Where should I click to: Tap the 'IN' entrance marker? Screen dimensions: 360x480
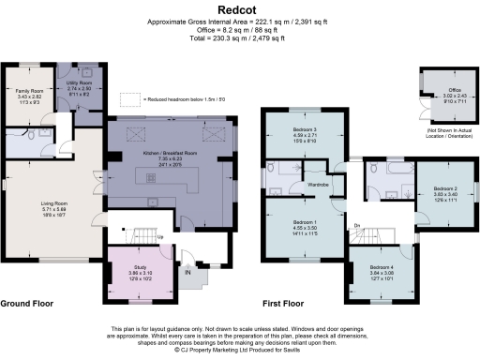point(188,273)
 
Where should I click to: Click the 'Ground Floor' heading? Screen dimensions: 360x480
point(27,304)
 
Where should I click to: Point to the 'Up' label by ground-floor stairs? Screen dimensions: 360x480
point(161,237)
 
